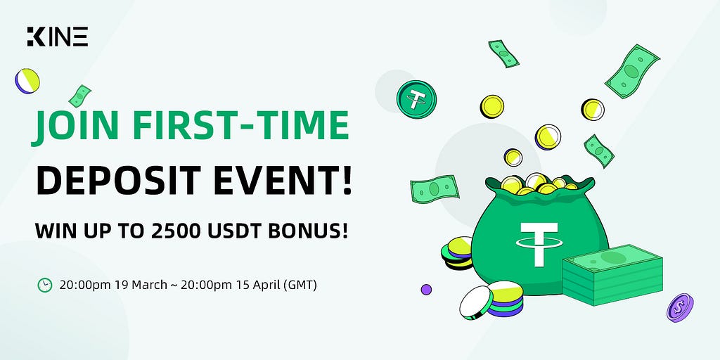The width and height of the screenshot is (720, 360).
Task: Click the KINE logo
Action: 58,37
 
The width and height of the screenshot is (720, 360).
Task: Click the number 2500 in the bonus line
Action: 176,231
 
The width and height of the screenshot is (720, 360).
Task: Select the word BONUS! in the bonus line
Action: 307,231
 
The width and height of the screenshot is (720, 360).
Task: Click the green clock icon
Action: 44,285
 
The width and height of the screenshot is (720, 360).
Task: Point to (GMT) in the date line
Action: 300,285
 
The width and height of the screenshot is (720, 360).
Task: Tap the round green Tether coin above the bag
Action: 416,99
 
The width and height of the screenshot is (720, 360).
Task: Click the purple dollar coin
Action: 680,308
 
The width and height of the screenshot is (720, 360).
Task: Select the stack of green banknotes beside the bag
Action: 612,274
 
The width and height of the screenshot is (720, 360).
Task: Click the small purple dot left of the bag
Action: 426,289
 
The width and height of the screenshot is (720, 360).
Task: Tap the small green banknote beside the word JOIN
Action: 80,96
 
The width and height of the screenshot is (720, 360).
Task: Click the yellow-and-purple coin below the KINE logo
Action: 27,81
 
